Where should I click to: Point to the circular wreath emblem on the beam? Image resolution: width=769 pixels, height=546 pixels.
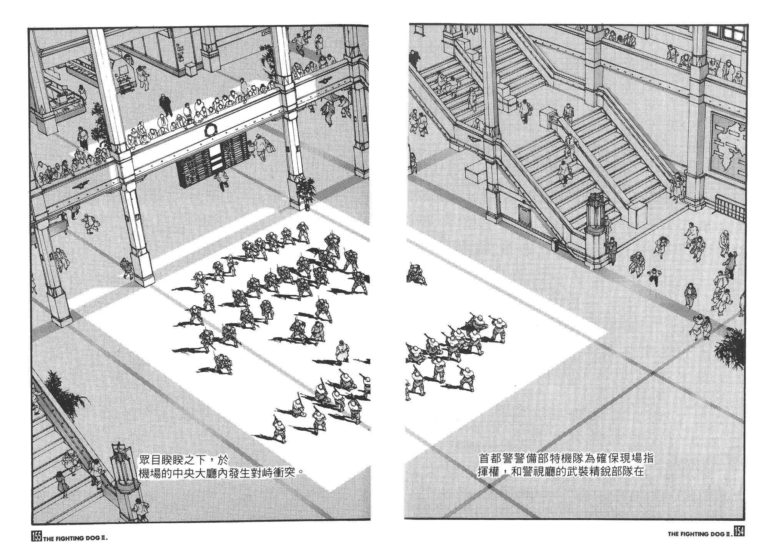point(210,130)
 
